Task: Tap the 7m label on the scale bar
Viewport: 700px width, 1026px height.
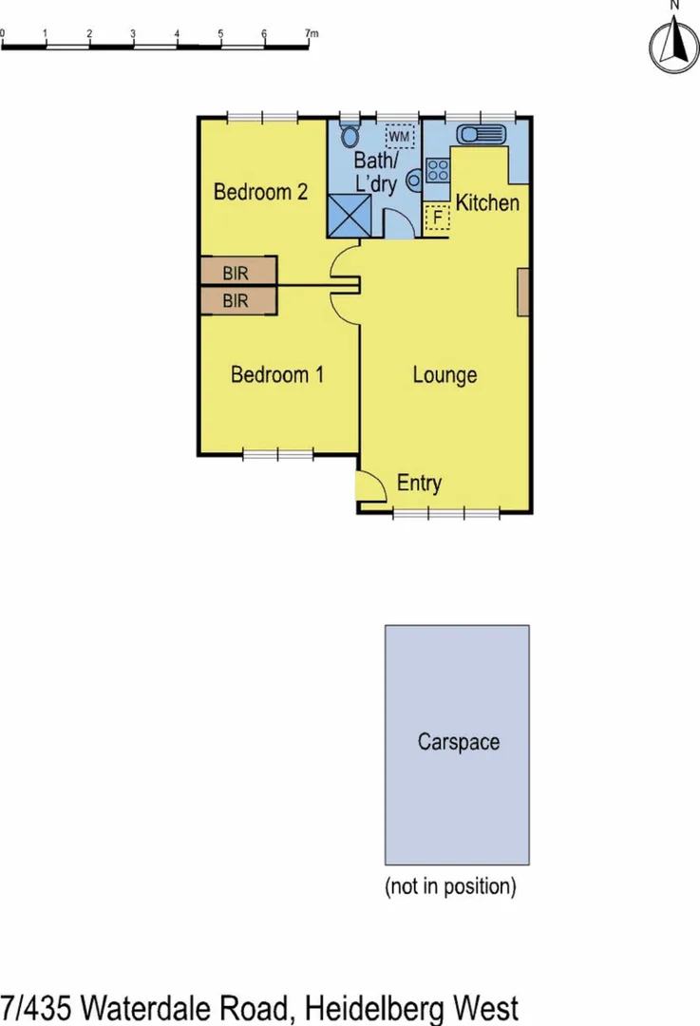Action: point(312,33)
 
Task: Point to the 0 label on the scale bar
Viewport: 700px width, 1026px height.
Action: point(3,33)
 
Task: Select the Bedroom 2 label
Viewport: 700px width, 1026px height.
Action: point(260,192)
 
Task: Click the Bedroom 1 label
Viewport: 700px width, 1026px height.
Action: point(277,375)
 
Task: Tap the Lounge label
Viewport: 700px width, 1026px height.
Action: point(445,375)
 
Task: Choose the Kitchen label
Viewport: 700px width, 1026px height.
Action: point(487,202)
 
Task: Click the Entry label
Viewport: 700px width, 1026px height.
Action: point(419,484)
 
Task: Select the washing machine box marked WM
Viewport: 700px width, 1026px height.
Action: point(400,137)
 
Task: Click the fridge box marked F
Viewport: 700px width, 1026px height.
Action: point(437,218)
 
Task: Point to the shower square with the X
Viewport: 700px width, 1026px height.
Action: point(350,216)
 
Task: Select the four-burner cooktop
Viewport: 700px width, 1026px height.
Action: point(438,171)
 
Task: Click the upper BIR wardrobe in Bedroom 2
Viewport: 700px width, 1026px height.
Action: point(237,273)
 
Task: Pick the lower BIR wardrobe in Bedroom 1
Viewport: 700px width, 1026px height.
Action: point(237,301)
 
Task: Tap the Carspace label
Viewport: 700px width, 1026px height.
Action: point(458,742)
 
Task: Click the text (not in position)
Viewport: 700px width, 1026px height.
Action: point(450,886)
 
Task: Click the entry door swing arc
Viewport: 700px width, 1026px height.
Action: point(373,484)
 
